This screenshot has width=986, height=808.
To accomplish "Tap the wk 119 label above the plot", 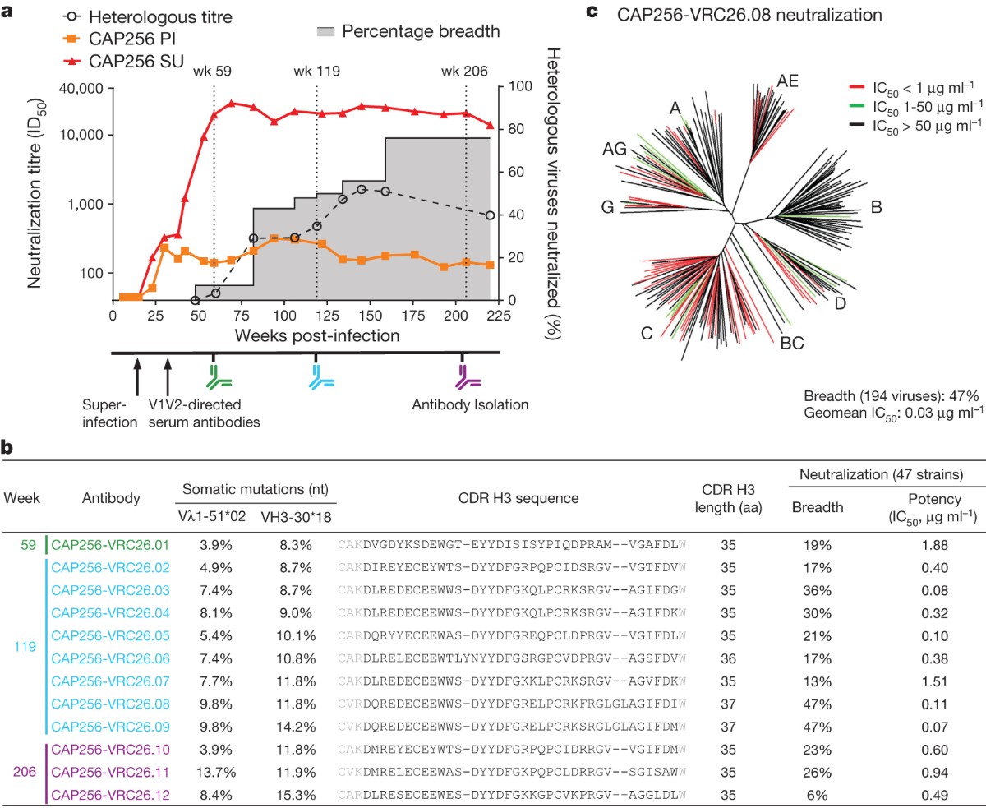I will [x=316, y=71].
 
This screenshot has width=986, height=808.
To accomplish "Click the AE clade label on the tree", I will [x=787, y=81].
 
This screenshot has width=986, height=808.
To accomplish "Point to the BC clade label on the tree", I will [x=791, y=342].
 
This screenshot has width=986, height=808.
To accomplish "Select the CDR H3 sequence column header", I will [x=518, y=497].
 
